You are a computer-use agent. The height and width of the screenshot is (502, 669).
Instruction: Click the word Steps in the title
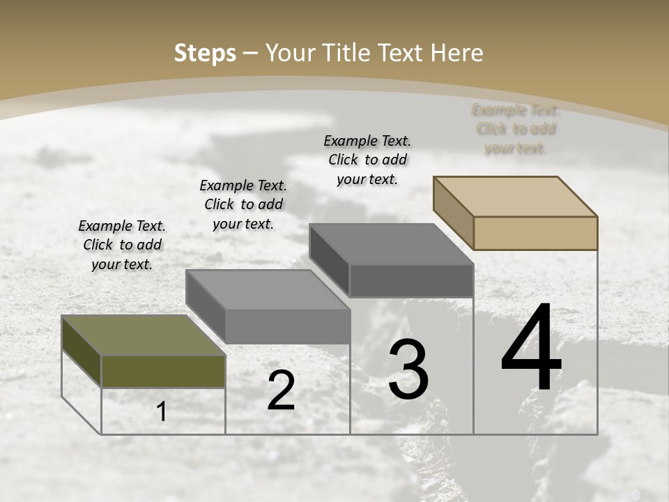(x=205, y=53)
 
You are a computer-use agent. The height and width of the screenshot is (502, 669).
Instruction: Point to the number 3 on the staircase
(x=408, y=370)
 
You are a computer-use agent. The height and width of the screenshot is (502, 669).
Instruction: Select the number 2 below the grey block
(x=281, y=391)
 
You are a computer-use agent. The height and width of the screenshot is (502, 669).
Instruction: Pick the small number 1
(x=162, y=412)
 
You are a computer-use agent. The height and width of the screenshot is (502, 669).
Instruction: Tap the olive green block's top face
(x=144, y=335)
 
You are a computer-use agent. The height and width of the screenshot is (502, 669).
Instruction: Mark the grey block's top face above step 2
(x=268, y=289)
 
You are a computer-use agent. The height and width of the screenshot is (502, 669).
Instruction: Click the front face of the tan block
(x=535, y=233)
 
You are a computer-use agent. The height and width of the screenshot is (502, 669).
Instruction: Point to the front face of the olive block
(x=163, y=372)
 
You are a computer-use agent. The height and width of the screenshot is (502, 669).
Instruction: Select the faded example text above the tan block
(x=516, y=129)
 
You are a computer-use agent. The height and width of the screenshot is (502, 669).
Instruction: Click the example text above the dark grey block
(x=368, y=160)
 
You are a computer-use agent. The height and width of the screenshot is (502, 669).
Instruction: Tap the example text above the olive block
(x=122, y=245)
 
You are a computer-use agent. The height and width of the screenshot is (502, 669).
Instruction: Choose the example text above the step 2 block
(x=243, y=204)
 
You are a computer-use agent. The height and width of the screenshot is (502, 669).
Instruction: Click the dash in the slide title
(x=251, y=53)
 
